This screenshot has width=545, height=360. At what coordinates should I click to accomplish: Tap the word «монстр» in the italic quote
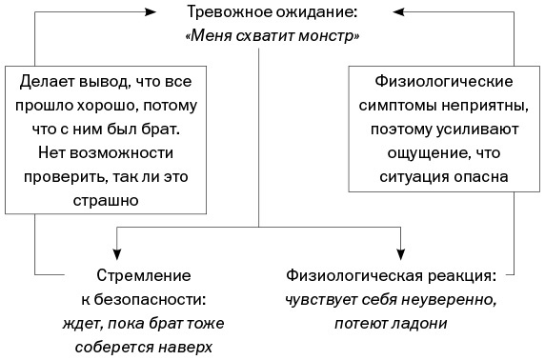pos(330,37)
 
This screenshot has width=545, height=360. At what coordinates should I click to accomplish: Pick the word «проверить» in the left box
pos(73,176)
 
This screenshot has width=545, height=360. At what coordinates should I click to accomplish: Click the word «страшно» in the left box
pos(106,201)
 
